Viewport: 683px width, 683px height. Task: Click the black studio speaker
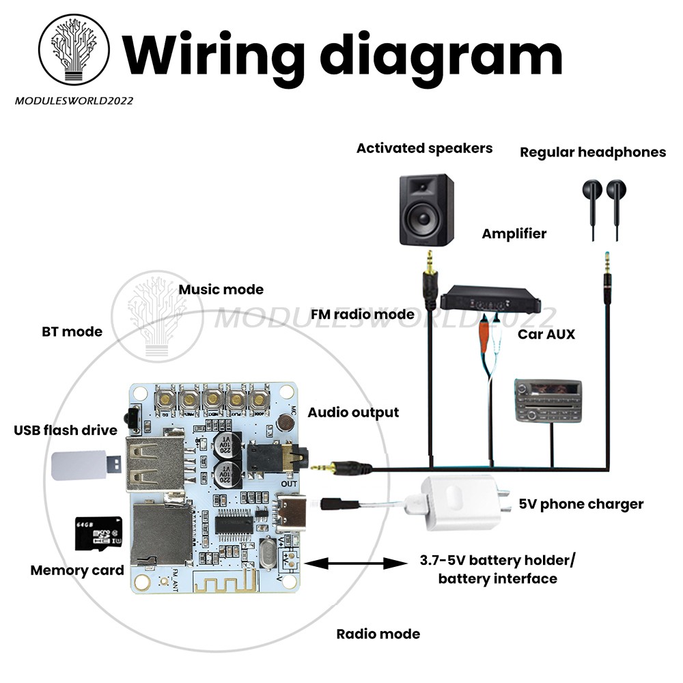click(x=426, y=210)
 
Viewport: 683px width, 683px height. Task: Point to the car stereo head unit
click(x=547, y=401)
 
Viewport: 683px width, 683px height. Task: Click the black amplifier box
click(x=490, y=301)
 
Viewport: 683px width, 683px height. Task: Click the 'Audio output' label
click(x=353, y=413)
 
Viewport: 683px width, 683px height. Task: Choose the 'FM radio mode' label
click(x=362, y=314)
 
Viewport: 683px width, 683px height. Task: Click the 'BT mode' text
click(x=72, y=332)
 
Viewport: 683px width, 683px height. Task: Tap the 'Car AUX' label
click(x=546, y=334)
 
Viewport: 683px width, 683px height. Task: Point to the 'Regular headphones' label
click(x=592, y=152)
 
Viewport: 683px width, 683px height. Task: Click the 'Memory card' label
click(x=77, y=570)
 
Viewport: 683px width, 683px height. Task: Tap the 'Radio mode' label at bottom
click(x=378, y=634)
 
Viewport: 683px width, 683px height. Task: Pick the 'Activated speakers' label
click(x=424, y=148)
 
